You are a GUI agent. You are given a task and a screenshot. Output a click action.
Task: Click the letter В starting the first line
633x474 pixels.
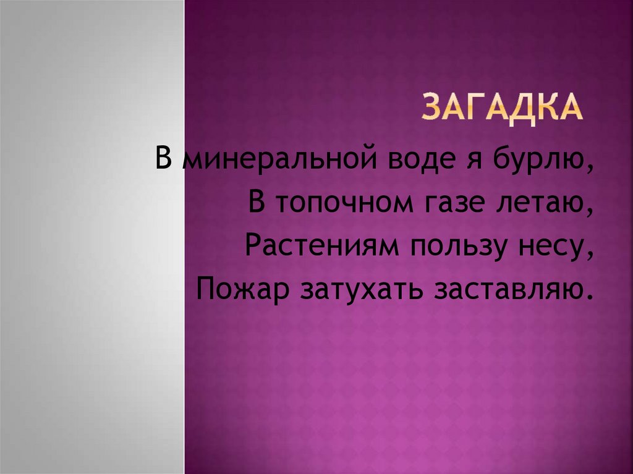[x=163, y=161]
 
